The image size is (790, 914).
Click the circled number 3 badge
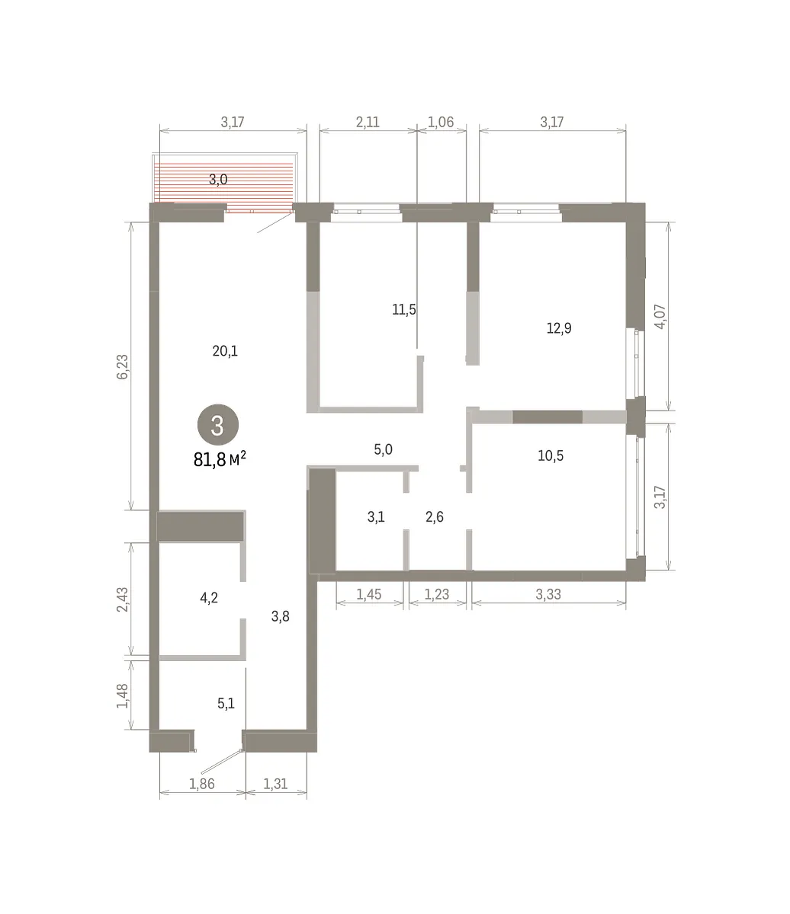point(218,425)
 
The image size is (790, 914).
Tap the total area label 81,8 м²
point(220,459)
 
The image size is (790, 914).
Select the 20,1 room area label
point(225,351)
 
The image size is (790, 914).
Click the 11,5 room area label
point(404,309)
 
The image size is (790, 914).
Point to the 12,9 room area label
point(559,328)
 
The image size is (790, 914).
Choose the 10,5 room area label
point(551,455)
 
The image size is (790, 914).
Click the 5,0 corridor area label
point(383,449)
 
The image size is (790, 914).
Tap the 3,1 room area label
point(376,516)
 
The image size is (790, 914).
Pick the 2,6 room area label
point(435,516)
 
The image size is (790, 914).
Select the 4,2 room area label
point(209,598)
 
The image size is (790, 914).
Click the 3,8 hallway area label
point(281,616)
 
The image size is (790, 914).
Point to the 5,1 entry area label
point(226,703)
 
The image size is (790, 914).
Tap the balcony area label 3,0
point(218,180)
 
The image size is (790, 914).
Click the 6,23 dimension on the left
point(122,366)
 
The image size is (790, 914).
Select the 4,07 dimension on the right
point(660,317)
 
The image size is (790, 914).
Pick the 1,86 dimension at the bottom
point(202,784)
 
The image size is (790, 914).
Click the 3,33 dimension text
point(548,594)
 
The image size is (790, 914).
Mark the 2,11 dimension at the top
point(368,122)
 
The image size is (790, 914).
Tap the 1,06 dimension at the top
point(441,122)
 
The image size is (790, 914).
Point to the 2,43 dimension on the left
point(122,599)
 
